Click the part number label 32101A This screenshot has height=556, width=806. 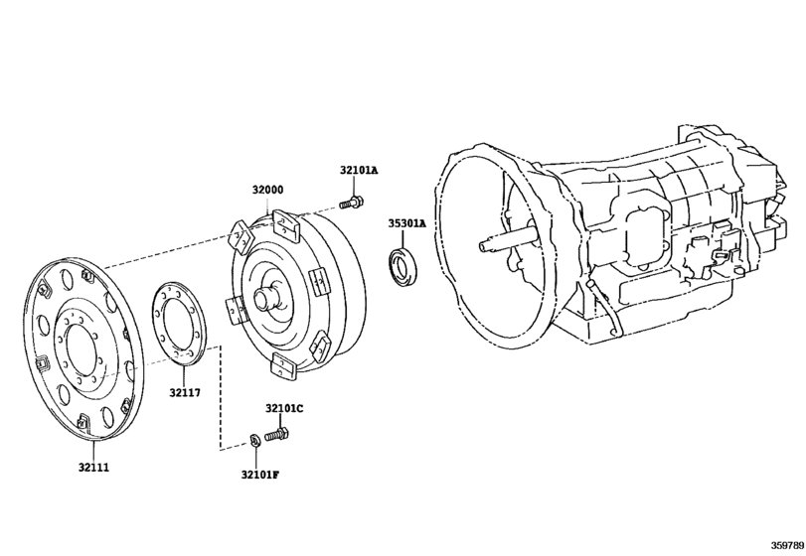click(x=359, y=170)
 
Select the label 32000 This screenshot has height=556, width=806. click(x=267, y=190)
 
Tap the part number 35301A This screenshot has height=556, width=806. click(x=407, y=223)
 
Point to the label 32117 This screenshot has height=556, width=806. click(x=185, y=393)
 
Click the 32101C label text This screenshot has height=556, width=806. click(x=284, y=409)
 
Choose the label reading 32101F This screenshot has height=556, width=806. click(x=260, y=475)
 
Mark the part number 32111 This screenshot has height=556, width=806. click(x=93, y=468)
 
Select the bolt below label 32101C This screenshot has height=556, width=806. click(x=276, y=435)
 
